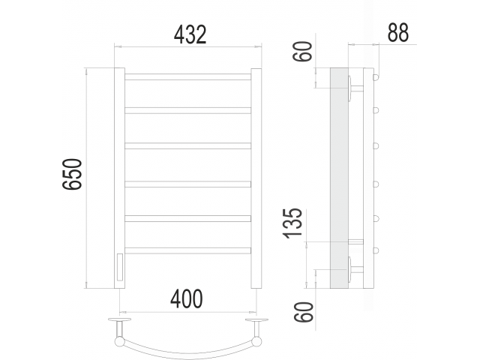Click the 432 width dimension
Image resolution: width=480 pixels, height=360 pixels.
190,34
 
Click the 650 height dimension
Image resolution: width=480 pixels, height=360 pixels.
72,174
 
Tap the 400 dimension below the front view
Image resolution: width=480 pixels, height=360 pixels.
187,298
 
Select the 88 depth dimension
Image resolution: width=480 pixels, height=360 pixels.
398,32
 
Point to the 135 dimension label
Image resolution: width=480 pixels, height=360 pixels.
292,223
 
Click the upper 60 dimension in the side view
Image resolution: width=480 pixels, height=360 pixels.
303,52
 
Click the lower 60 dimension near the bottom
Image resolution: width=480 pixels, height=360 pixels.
304,312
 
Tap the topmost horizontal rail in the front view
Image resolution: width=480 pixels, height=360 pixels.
187,76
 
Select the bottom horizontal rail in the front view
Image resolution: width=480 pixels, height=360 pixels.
187,250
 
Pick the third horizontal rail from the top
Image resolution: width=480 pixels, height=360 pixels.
187,145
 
